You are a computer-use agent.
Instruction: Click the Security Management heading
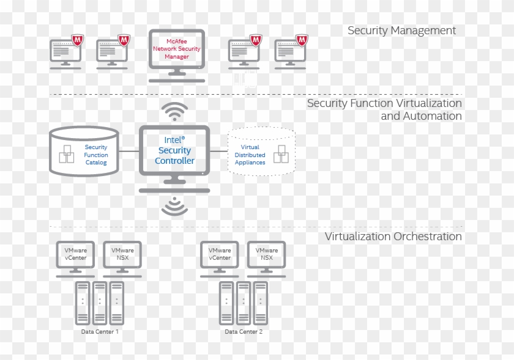(401, 31)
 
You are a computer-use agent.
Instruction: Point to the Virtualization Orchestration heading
(393, 237)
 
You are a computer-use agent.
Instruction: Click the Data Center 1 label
(100, 331)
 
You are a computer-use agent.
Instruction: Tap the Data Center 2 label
(244, 331)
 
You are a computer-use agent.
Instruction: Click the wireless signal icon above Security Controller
(174, 112)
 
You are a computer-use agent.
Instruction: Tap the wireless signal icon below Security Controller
(174, 206)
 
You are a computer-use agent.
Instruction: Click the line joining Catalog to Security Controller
(128, 151)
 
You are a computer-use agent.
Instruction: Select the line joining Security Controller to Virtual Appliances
(218, 151)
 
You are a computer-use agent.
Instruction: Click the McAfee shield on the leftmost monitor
(78, 41)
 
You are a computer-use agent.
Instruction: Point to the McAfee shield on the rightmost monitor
(302, 41)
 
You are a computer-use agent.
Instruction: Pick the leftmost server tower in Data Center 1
(83, 303)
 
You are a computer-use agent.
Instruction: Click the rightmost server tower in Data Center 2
(261, 303)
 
